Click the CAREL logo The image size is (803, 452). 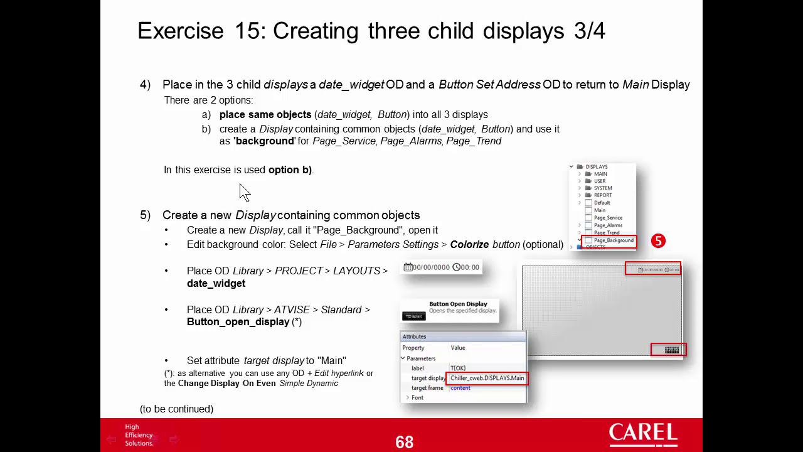pos(643,434)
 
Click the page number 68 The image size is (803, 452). pos(405,442)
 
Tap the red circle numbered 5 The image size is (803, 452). pos(658,241)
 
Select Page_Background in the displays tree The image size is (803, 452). pos(613,240)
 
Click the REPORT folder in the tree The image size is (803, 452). pos(602,195)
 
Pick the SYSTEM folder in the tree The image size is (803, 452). pos(602,188)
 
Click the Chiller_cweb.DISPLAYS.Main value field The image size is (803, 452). pos(487,378)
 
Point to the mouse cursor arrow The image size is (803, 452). pos(244,191)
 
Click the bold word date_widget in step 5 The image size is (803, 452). pos(216,284)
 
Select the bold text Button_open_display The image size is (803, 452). pos(238,322)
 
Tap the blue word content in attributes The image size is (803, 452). pos(460,388)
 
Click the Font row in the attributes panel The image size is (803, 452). pos(417,397)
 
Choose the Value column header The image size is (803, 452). pos(457,348)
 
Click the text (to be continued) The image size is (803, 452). pos(176,409)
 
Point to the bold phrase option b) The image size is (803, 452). pos(290,170)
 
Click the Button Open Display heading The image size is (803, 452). pos(458,304)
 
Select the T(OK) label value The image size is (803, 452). pos(458,369)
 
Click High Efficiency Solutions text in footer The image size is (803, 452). pos(139,435)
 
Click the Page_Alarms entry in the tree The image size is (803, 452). pos(608,225)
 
